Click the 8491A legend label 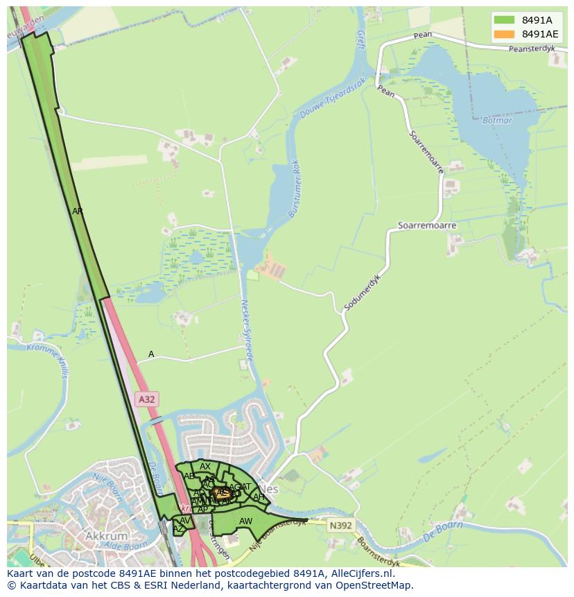click(x=537, y=20)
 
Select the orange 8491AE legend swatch click(x=504, y=34)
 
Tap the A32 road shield click(x=146, y=399)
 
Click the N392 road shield click(x=340, y=526)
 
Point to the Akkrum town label click(x=107, y=536)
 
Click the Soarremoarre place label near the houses click(x=427, y=226)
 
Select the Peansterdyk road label click(x=532, y=49)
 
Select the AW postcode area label click(x=245, y=521)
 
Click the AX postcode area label click(x=205, y=467)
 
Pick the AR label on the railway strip click(x=78, y=211)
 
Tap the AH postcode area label click(x=259, y=497)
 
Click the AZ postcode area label click(x=178, y=529)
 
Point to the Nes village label click(x=271, y=489)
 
